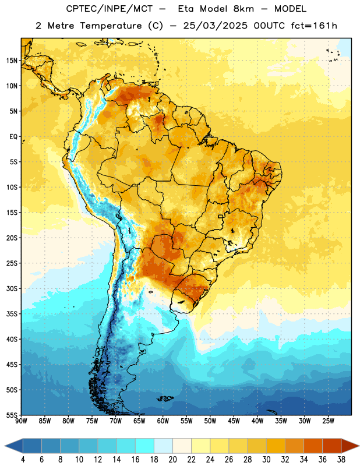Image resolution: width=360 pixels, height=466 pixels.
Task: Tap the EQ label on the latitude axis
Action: [14, 137]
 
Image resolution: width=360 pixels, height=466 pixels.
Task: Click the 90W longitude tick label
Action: [21, 421]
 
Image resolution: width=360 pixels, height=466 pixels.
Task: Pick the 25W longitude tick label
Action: [328, 421]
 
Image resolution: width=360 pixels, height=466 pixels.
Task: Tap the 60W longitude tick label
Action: [163, 421]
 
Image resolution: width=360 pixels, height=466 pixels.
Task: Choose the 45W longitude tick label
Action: [234, 421]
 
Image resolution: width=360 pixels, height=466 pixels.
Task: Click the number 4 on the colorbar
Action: [23, 460]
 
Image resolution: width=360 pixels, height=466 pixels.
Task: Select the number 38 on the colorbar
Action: [341, 460]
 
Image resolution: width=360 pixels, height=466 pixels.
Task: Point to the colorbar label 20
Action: [172, 460]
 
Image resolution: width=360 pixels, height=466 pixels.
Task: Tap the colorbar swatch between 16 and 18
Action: [145, 446]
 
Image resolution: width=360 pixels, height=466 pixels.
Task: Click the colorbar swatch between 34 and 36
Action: [313, 446]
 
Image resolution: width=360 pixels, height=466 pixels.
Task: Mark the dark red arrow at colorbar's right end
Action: [350, 446]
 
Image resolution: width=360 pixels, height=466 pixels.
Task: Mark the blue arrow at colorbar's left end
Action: [13, 446]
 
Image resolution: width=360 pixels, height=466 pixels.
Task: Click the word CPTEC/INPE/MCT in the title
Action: [109, 9]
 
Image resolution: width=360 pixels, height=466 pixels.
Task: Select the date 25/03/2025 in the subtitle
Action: [215, 26]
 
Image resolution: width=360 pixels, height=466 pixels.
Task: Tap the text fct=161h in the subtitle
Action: [314, 26]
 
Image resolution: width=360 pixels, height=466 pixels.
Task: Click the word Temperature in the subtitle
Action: [111, 26]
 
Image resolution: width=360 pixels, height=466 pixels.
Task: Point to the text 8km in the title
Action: [243, 9]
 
